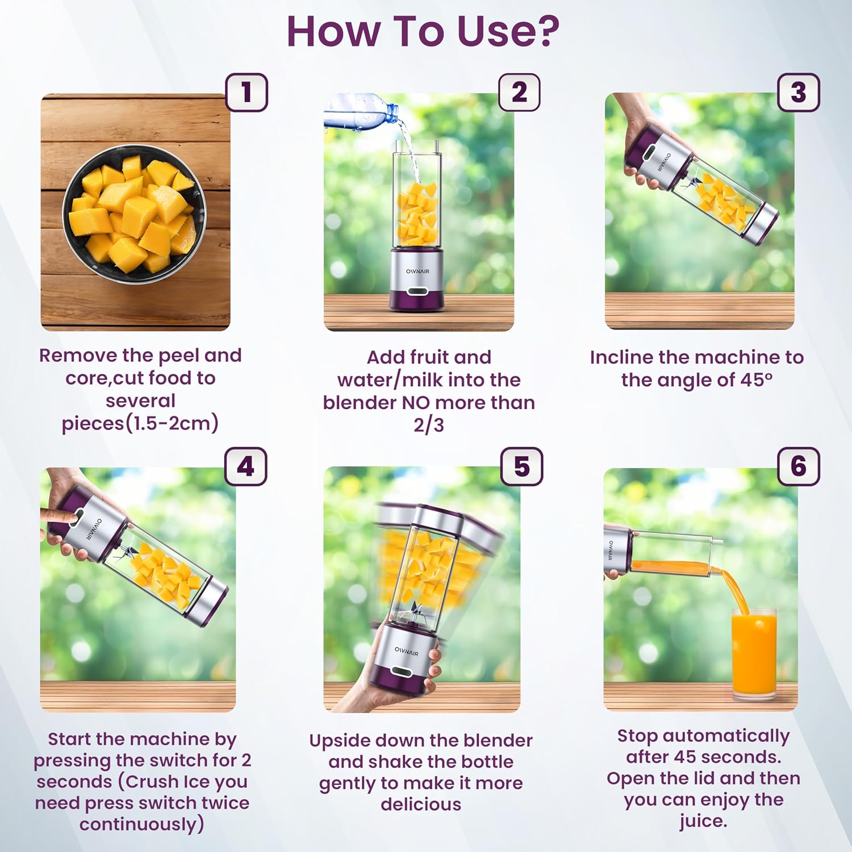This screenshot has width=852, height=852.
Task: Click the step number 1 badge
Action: point(247,93)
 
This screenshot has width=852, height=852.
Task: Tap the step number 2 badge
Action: point(519,93)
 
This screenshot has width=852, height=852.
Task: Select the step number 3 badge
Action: point(798,93)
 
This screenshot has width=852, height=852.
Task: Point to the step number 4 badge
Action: point(245,467)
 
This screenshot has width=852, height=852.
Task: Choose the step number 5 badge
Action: point(521,467)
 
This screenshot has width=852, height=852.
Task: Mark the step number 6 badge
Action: point(798,467)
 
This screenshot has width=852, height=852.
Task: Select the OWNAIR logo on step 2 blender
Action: point(417,272)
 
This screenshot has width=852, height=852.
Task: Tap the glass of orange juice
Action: point(754,653)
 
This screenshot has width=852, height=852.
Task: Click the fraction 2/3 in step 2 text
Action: point(428,425)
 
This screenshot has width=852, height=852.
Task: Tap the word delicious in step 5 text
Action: point(420,804)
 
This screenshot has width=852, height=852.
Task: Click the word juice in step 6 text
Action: point(703,821)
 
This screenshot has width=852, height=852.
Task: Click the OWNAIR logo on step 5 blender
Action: point(407,651)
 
